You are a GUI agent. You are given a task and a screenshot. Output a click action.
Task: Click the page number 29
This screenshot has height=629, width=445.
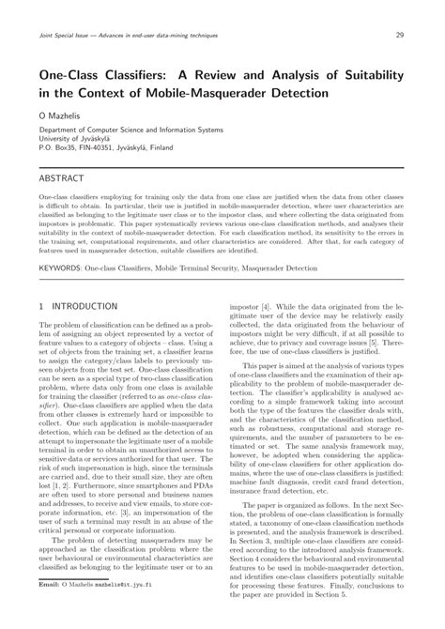tap(400, 35)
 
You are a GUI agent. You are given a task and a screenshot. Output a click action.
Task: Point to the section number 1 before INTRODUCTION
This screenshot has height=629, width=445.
tap(42, 306)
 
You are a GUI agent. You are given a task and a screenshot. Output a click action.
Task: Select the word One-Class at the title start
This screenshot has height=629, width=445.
tap(74, 75)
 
